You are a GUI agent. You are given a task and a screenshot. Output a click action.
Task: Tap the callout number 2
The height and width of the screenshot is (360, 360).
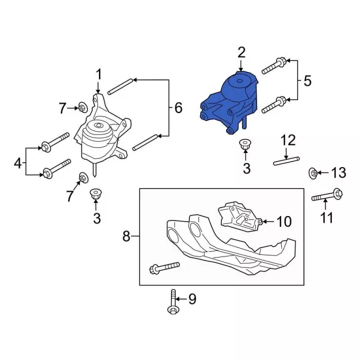241,53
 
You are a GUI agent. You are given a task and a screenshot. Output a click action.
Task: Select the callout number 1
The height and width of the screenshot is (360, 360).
99,74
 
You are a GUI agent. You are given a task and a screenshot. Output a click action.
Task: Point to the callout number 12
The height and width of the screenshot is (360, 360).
287,139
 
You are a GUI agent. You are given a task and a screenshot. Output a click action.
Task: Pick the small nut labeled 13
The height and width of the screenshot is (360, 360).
312,172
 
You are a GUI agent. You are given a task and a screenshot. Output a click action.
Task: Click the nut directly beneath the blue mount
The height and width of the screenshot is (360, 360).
245,144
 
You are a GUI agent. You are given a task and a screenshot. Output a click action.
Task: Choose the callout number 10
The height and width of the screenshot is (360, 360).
284,222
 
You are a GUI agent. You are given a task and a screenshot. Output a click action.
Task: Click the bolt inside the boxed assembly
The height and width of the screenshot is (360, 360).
164,268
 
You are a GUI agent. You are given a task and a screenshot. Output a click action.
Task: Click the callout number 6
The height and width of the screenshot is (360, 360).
178,107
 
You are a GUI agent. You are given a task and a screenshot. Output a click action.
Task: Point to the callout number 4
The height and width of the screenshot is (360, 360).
17,163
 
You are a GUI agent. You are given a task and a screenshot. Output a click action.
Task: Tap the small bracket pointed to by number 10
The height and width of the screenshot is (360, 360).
239,217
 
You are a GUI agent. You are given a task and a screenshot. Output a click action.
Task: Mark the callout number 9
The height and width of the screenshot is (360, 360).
192,299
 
